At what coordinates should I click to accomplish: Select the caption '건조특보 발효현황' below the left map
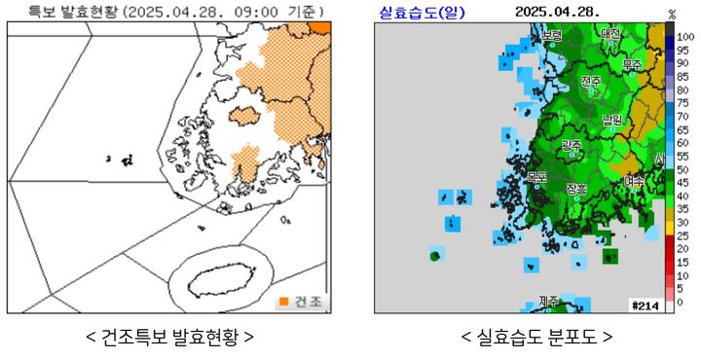[170, 338]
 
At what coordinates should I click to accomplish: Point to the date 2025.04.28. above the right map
[558, 11]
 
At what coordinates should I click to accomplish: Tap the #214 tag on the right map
[646, 305]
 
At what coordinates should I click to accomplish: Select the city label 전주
[591, 82]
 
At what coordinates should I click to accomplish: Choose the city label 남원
[612, 120]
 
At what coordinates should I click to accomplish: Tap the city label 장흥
[576, 189]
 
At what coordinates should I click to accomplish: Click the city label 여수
[634, 180]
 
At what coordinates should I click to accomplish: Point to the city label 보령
[552, 36]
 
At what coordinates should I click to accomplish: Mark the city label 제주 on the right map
[549, 302]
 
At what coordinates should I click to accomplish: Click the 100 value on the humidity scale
[685, 36]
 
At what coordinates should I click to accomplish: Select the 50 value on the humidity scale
[684, 169]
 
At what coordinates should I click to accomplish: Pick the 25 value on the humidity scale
[684, 235]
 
